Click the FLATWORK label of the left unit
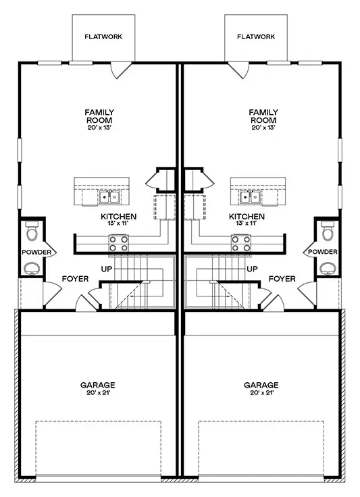tap(103, 36)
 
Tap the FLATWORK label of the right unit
tap(256, 36)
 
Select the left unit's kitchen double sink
tap(109, 197)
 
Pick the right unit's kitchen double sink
tap(251, 197)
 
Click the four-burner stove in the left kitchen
tap(118, 243)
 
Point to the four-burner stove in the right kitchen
tap(241, 243)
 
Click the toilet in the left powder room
tap(32, 230)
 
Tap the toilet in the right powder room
tap(328, 230)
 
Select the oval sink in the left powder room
tap(32, 269)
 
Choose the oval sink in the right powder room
tap(328, 269)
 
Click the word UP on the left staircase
tap(107, 269)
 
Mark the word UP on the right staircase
tap(252, 269)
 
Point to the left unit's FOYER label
tap(75, 279)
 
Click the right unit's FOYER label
tap(282, 279)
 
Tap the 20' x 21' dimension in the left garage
tap(98, 393)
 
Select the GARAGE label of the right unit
tap(261, 385)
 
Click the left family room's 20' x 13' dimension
tap(99, 128)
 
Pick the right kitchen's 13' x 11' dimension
tap(247, 223)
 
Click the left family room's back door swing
tap(121, 70)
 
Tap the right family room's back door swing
tap(238, 70)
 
